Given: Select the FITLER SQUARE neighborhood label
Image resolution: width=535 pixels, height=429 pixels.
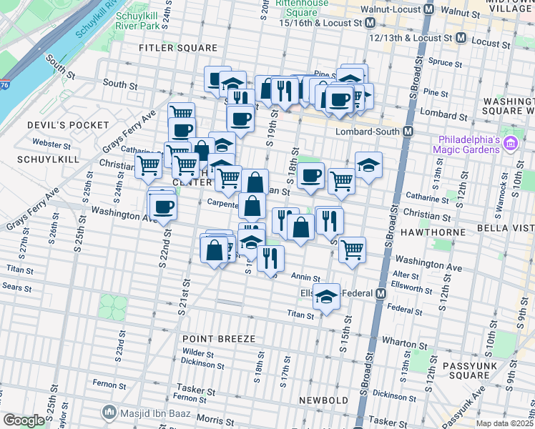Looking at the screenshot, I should (178, 48).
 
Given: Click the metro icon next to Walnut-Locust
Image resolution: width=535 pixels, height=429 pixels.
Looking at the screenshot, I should (429, 10).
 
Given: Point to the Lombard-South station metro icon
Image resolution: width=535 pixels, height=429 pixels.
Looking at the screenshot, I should (408, 132).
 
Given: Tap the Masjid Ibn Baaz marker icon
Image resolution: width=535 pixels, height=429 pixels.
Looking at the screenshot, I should (109, 412).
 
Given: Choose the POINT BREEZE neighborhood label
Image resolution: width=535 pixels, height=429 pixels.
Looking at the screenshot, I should (214, 338).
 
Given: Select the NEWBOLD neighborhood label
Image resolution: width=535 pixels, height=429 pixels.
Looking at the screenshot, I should (323, 400).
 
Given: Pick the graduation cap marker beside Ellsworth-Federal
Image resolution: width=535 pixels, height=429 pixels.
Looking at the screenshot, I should (327, 296).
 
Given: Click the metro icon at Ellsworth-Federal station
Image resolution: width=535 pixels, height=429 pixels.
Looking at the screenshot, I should (381, 294).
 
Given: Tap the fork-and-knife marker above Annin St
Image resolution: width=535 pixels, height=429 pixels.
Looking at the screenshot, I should (270, 258).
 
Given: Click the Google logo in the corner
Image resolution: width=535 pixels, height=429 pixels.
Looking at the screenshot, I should (24, 420).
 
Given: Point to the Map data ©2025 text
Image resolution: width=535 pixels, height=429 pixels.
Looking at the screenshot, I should (504, 423).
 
